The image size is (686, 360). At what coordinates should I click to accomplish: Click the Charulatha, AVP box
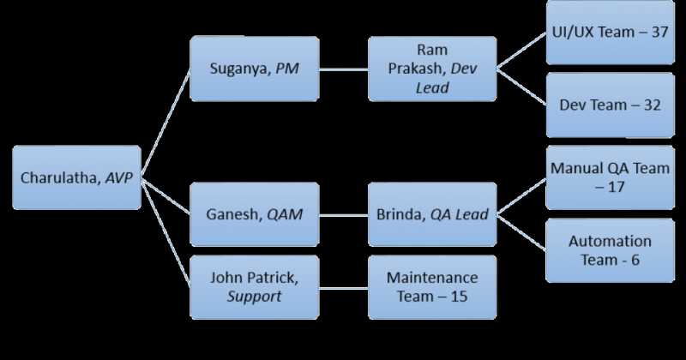[77, 177]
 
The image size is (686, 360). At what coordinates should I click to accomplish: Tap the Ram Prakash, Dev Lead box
[431, 69]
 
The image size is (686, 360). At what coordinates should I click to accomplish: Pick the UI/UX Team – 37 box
[609, 33]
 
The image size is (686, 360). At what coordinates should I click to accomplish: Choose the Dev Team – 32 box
[609, 105]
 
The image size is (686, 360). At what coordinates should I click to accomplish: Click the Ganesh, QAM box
[254, 213]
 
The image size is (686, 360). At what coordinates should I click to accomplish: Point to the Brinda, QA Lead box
[431, 213]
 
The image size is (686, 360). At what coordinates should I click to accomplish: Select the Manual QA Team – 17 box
[609, 177]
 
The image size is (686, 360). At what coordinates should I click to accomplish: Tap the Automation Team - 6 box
[609, 250]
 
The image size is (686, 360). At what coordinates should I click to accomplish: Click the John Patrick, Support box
[254, 286]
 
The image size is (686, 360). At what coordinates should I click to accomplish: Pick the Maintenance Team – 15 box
[431, 286]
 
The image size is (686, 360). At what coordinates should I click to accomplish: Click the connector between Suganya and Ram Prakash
[343, 68]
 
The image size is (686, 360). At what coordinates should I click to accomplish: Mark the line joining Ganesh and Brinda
[343, 213]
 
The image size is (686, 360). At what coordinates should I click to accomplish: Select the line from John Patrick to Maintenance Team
[343, 286]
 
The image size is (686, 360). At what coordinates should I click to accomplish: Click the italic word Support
[254, 296]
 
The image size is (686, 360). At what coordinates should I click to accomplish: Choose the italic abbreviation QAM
[284, 214]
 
